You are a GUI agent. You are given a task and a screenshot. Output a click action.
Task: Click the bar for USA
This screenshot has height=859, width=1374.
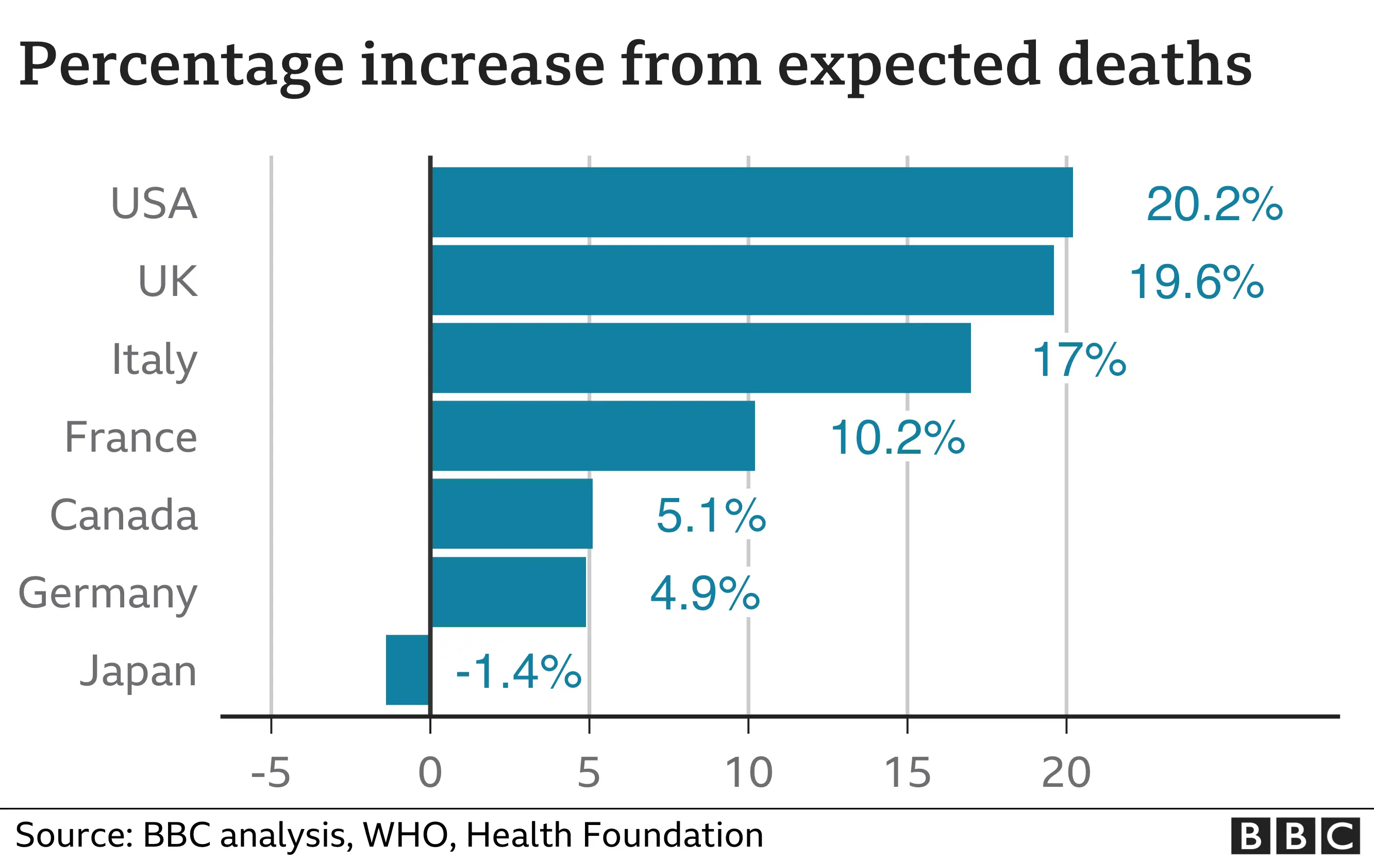click(752, 202)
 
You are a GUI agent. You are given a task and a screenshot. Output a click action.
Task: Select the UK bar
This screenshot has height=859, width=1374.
click(743, 280)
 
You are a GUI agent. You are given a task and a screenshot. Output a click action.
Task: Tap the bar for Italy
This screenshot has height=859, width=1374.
click(701, 358)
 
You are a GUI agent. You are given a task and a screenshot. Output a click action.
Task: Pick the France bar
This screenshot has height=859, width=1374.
click(593, 436)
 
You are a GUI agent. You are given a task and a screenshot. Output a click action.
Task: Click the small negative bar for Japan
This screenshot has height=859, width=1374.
click(408, 670)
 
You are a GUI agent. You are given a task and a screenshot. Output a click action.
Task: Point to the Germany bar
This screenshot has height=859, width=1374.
click(509, 592)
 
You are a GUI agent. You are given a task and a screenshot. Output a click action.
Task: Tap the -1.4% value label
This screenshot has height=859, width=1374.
click(518, 672)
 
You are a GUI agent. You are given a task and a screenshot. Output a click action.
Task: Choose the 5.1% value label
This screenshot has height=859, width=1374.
click(711, 516)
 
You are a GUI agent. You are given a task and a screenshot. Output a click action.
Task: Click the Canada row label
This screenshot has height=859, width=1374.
click(124, 515)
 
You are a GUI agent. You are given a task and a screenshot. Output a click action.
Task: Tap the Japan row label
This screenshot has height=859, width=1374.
click(138, 671)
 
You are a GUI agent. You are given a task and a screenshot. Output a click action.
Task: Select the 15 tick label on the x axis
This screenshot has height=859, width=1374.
click(907, 773)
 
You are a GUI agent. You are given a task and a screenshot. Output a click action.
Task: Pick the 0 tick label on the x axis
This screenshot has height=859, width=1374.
click(430, 773)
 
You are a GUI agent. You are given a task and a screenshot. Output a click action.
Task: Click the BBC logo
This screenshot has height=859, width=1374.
click(1295, 836)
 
